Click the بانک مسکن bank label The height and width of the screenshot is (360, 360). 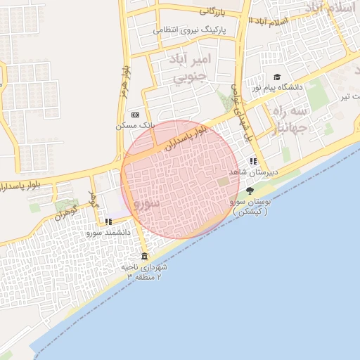coord(135,125)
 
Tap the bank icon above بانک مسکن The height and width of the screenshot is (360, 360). coord(135,115)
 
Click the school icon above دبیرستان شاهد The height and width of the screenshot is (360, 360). coord(253,162)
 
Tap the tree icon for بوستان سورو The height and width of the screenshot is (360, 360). coord(250,191)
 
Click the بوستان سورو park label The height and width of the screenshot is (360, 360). coord(250,206)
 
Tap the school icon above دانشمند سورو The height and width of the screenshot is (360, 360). coord(108,221)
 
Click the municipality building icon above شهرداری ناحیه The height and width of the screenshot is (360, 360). coord(144,255)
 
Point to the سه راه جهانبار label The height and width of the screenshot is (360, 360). coord(290,120)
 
